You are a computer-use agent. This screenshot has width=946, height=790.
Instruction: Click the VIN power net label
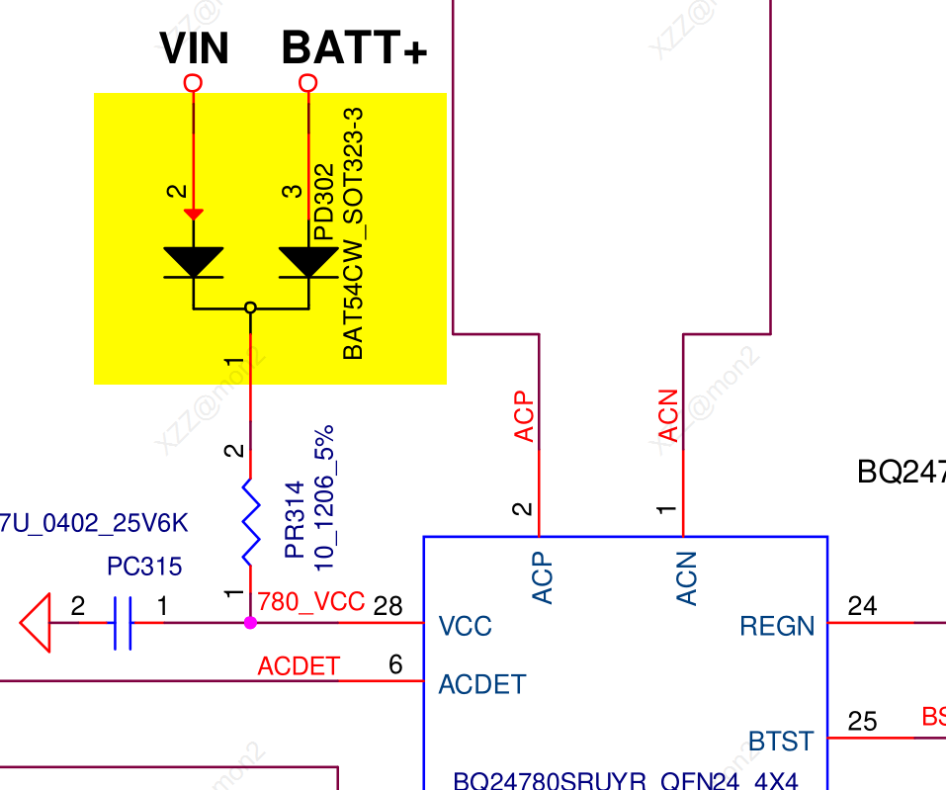194,48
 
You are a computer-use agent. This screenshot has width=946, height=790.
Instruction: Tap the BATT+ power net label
354,48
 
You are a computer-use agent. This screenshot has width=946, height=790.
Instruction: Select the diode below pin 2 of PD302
194,262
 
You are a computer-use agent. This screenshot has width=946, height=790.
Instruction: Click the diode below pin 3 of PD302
308,262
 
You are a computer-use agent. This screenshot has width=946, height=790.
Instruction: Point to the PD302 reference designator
323,203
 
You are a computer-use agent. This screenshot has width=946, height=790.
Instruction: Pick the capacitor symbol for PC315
122,623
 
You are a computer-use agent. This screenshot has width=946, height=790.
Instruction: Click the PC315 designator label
144,567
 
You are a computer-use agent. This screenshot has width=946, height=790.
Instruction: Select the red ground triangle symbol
36,623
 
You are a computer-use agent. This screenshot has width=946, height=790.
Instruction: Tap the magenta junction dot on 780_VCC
250,623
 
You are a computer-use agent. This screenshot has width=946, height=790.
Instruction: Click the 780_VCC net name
310,601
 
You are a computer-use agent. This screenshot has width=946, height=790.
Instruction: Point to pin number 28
388,605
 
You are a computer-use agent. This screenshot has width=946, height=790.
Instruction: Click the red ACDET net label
299,666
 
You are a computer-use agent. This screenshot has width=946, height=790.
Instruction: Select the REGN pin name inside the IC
777,626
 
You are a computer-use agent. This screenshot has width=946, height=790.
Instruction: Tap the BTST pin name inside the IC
781,741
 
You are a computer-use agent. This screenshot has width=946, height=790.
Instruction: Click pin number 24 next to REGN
862,605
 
